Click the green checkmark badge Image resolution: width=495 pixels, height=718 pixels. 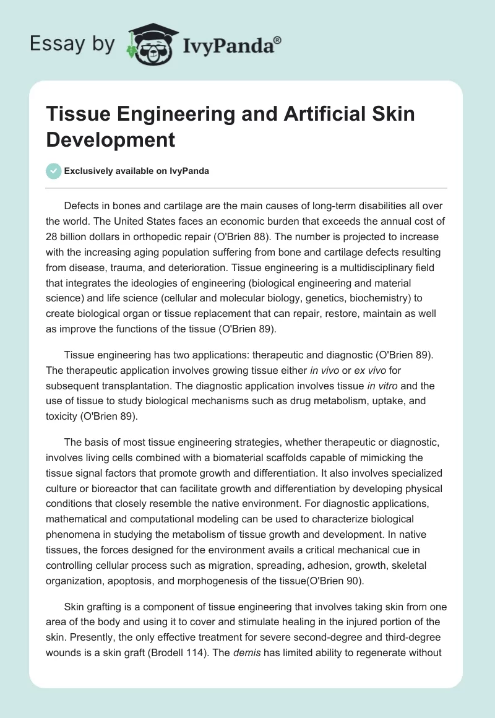tap(54, 171)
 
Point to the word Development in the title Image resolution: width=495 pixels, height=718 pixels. tap(111, 139)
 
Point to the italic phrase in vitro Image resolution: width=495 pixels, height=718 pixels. tap(383, 386)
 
